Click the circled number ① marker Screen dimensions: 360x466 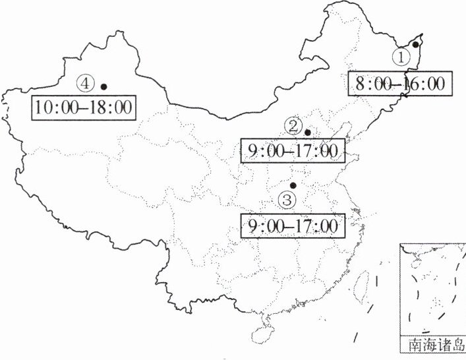[x=401, y=57]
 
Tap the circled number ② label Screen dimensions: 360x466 [x=293, y=125]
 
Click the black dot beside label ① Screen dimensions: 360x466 [x=416, y=45]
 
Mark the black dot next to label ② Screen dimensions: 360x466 [x=308, y=132]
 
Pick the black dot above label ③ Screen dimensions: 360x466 [x=293, y=185]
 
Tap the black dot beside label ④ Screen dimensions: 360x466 [x=103, y=86]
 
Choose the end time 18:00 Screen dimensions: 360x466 [x=111, y=107]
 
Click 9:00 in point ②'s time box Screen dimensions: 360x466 [x=263, y=151]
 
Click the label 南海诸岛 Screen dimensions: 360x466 [x=432, y=345]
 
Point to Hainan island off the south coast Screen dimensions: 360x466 [x=263, y=324]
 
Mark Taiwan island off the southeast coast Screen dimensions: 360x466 [x=361, y=285]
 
